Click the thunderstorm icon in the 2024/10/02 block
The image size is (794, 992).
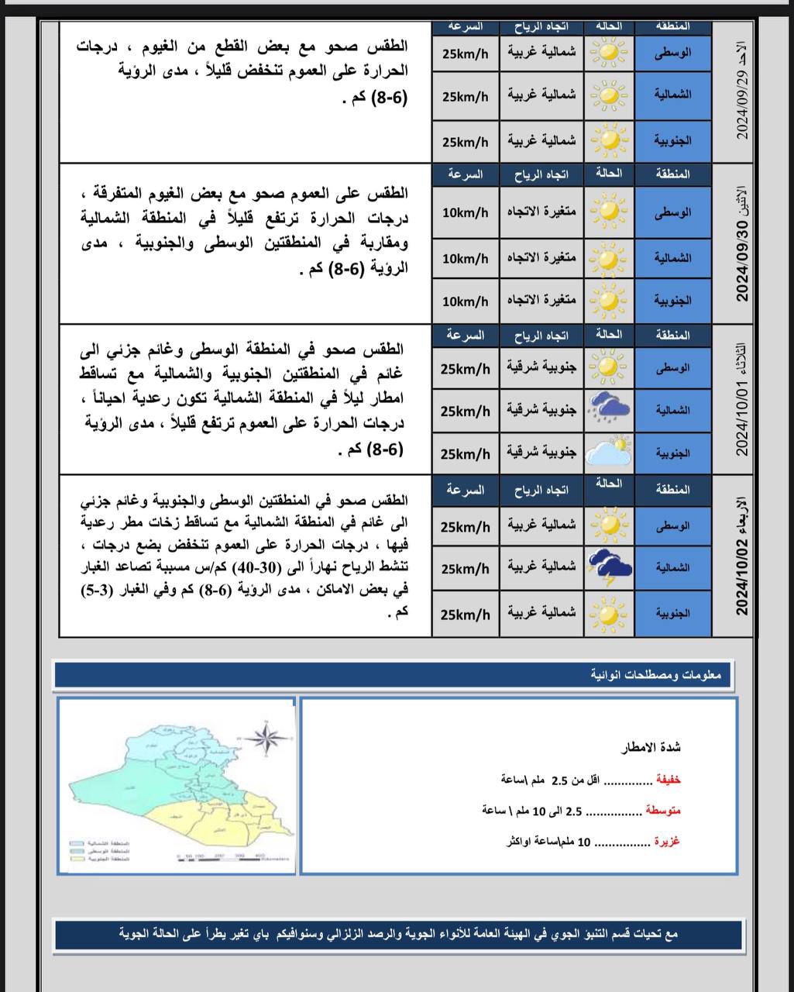point(609,568)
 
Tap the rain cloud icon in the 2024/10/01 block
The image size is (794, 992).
point(609,409)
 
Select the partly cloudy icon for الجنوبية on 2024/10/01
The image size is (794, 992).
point(609,453)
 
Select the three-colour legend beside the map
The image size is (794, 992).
point(98,851)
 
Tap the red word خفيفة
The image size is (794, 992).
point(668,780)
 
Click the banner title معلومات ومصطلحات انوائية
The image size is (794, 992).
point(655,675)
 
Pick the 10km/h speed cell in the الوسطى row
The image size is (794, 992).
point(465,212)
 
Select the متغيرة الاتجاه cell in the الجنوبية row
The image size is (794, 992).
point(541,301)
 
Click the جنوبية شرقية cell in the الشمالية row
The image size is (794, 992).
point(541,411)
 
